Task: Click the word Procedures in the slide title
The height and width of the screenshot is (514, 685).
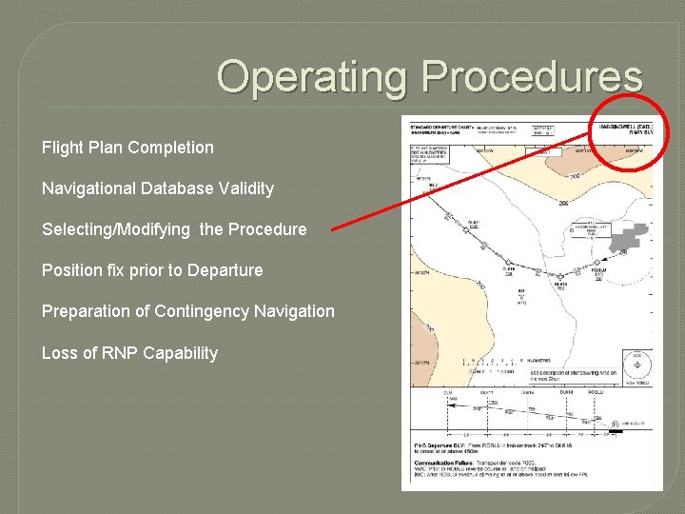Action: [532, 77]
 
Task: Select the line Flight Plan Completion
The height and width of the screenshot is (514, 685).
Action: [127, 148]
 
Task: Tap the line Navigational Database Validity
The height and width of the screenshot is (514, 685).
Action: [158, 188]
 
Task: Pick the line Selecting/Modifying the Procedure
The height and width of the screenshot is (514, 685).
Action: [174, 229]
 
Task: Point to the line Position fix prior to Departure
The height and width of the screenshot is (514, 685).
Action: [152, 270]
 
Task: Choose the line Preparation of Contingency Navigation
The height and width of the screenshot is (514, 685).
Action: [188, 311]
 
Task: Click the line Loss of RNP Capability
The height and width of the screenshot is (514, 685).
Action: [129, 353]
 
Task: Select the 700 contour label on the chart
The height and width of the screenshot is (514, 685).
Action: [576, 176]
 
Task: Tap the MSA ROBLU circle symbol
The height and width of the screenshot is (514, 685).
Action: [636, 365]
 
